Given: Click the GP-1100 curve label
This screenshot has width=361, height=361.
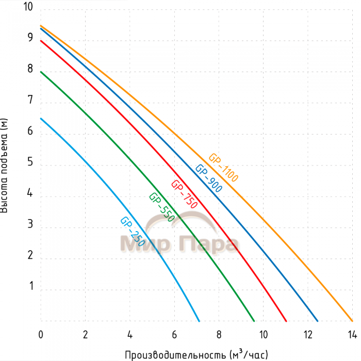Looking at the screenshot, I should (223, 168).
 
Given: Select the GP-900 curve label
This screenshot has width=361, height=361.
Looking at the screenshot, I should (208, 178).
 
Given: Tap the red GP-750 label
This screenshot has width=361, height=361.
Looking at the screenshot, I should (184, 194).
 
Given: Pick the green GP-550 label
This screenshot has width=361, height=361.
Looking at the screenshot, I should (161, 207).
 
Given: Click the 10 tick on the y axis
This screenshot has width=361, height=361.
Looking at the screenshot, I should (28, 8).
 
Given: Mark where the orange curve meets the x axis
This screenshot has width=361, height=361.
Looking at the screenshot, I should (352, 321).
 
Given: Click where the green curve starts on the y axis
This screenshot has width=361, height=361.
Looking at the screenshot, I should (41, 72).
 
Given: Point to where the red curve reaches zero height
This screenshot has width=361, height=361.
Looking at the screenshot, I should (286, 321).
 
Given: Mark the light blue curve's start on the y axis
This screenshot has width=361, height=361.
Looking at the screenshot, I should (41, 118).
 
